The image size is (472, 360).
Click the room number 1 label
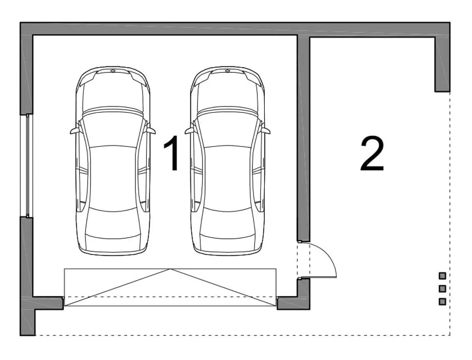point(171,153)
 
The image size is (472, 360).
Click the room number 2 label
point(372,154)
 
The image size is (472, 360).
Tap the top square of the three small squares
point(442,276)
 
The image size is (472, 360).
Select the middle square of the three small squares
point(442,288)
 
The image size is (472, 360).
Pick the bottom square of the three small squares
point(442,301)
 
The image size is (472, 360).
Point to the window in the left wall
point(27,166)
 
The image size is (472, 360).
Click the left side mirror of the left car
point(74,131)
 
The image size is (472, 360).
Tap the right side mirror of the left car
point(151,131)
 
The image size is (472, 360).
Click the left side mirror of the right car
point(189,131)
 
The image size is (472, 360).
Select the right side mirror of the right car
point(266,131)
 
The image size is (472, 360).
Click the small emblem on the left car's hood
point(113,70)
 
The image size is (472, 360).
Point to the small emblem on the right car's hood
point(228,70)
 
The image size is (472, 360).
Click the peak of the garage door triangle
point(170,269)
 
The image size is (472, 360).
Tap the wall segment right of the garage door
point(293,303)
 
